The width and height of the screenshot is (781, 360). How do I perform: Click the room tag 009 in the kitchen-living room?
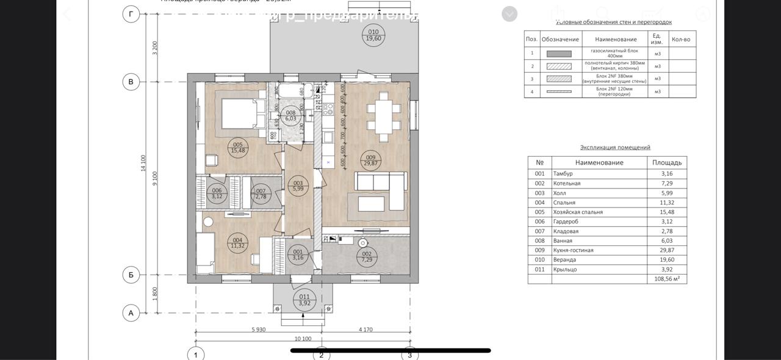click(x=370, y=160)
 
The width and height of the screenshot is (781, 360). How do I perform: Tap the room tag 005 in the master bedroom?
click(x=238, y=148)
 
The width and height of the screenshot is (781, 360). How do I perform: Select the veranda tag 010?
click(x=373, y=35)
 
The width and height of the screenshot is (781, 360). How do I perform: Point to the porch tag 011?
click(x=304, y=300)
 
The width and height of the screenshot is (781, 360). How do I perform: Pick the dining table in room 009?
click(x=384, y=114)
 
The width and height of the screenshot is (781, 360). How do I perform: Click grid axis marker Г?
click(x=131, y=14)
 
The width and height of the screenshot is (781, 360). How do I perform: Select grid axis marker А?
click(x=131, y=313)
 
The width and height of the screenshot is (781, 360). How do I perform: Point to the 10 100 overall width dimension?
click(x=303, y=339)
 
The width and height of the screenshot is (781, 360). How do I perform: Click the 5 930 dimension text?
click(x=259, y=329)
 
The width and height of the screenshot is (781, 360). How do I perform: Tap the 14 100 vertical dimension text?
click(x=143, y=163)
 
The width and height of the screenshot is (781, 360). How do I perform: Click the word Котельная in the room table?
click(x=567, y=184)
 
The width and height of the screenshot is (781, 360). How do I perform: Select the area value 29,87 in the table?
click(x=667, y=250)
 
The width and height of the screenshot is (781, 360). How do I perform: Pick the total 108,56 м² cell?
click(x=667, y=279)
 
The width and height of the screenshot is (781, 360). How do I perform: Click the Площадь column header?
click(x=667, y=163)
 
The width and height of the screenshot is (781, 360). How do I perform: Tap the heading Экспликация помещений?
click(x=615, y=147)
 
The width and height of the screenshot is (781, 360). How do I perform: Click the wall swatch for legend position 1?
click(x=559, y=54)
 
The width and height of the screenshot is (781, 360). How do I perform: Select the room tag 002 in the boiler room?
click(x=367, y=257)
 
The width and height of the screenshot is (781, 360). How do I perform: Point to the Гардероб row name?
click(x=566, y=222)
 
